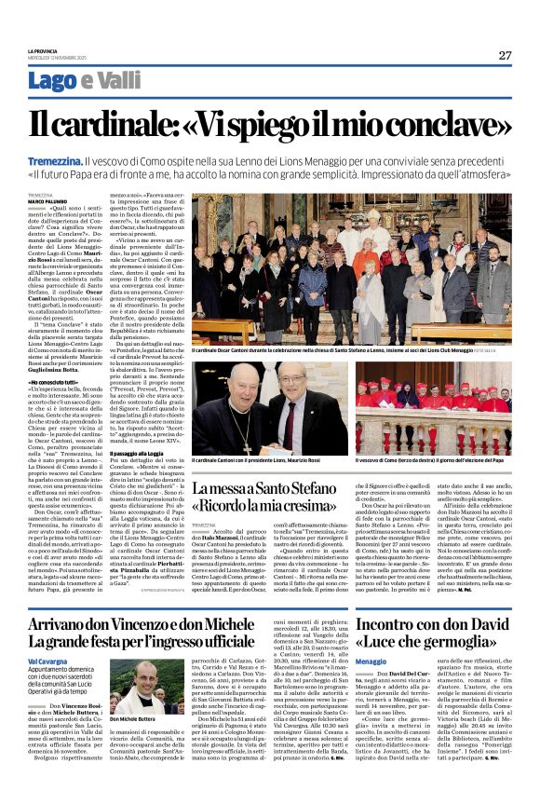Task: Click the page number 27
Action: point(505,55)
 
